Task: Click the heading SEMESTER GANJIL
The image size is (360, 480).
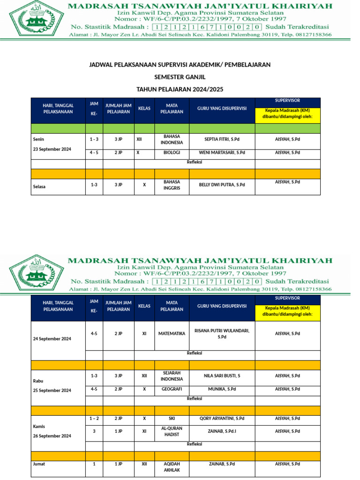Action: pos(180,77)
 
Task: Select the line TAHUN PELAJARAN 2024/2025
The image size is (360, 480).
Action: pos(180,89)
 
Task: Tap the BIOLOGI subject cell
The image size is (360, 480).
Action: pos(172,152)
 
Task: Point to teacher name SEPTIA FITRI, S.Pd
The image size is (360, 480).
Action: pos(222,139)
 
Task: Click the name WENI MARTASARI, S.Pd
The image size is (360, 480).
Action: pos(222,152)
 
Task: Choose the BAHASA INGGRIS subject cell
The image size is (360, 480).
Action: pos(172,185)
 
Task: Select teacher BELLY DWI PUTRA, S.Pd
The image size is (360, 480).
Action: pos(222,185)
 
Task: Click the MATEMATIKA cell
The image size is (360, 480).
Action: pos(172,334)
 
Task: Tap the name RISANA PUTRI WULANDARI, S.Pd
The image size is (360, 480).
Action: pos(222,334)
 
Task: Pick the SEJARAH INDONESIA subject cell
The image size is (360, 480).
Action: pos(172,375)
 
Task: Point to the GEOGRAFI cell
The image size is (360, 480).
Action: pos(172,389)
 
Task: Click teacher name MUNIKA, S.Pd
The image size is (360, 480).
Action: pos(222,389)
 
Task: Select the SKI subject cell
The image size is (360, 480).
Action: pos(172,418)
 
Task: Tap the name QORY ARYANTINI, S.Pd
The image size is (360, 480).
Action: pos(222,418)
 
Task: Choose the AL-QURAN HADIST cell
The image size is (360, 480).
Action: pos(172,431)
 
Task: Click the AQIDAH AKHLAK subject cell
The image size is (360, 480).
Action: pos(172,467)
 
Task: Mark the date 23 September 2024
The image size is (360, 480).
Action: pos(52,149)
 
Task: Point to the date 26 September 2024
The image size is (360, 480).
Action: pos(52,436)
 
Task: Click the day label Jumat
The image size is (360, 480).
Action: pos(39,464)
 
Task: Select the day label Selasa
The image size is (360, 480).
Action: pos(39,187)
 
